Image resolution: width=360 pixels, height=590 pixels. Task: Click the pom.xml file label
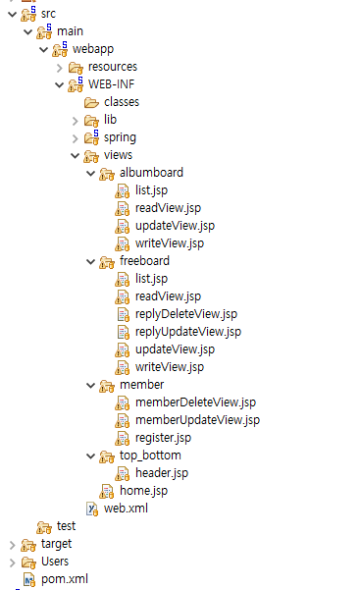tap(64, 579)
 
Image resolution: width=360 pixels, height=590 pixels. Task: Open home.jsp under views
tap(143, 491)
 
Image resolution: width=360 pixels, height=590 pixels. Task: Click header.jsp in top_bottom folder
tap(161, 473)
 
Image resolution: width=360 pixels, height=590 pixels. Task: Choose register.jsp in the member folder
tap(163, 438)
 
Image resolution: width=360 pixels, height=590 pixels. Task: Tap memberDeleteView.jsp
tap(195, 402)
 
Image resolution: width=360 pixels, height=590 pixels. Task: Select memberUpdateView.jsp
tap(197, 420)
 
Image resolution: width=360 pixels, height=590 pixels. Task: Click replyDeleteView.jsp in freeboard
tap(186, 314)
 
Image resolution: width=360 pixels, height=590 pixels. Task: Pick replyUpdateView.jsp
tap(187, 332)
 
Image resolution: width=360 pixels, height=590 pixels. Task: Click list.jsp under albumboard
tap(151, 190)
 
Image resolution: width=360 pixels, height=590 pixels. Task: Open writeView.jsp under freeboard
tap(169, 367)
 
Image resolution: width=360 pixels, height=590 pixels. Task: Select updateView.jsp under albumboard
tap(175, 226)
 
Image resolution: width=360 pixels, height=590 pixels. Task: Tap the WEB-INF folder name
tap(111, 84)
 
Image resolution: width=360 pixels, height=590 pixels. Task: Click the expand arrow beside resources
tap(60, 67)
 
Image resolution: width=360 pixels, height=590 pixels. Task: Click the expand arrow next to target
tap(11, 544)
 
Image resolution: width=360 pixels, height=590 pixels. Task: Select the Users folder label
tap(55, 562)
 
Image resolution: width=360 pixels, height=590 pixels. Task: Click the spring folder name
tap(120, 137)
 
